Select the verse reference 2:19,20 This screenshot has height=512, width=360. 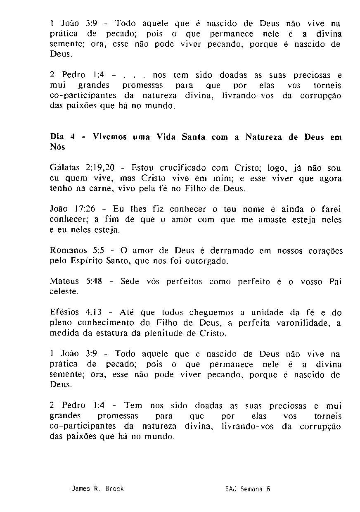(99, 169)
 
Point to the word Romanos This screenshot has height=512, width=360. (69, 251)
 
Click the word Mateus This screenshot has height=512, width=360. (64, 282)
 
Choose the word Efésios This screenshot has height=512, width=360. (64, 313)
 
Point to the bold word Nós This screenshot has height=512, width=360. (57, 148)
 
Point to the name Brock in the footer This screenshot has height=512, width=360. (114, 489)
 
